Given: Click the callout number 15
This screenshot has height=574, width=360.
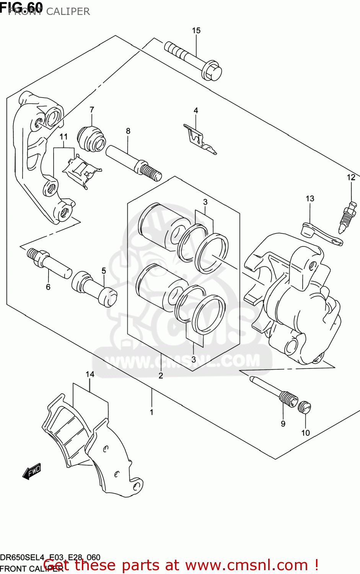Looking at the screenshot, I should click(x=196, y=31).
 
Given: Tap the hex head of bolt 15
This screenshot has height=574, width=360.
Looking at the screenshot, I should click(x=212, y=72).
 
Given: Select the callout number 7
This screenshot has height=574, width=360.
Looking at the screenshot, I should click(x=92, y=110).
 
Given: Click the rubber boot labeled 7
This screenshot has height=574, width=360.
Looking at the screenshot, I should click(x=92, y=139).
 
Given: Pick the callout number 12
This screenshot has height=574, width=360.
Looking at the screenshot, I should click(x=351, y=177).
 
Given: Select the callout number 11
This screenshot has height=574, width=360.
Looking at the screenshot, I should click(x=64, y=137).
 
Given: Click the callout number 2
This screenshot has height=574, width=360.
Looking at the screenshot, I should click(x=161, y=375).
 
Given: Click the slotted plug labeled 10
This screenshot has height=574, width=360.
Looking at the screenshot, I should click(x=305, y=407).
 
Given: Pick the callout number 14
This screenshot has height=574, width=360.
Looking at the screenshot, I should click(x=90, y=374).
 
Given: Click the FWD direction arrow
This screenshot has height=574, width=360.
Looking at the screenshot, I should click(x=31, y=471).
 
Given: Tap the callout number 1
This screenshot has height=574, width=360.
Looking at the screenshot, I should click(x=151, y=412).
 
